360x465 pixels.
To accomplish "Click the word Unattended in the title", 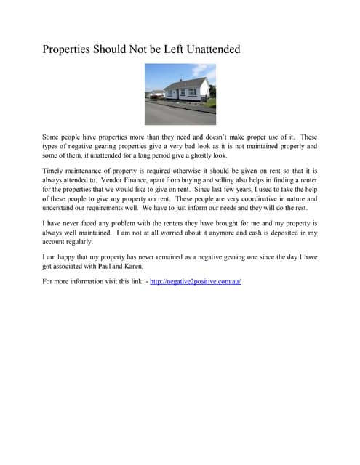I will coord(206,50).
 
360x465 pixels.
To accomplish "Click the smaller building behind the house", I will coord(155,94).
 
